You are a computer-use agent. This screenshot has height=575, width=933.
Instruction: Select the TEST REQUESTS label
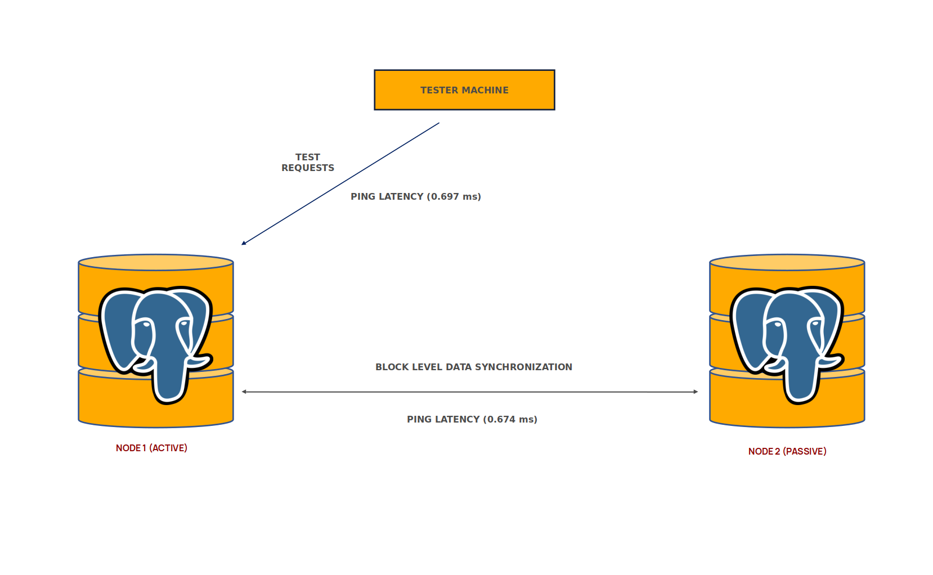click(308, 163)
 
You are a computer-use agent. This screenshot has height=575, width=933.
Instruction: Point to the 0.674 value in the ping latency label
click(501, 419)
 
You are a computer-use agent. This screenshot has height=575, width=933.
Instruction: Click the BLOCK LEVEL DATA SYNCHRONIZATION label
click(474, 367)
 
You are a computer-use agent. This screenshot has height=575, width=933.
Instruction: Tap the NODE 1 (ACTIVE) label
click(151, 448)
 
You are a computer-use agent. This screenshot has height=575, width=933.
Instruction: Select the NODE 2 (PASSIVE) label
click(787, 451)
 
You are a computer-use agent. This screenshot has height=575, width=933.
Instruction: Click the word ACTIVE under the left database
click(168, 448)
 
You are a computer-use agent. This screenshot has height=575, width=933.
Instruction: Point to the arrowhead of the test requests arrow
click(244, 244)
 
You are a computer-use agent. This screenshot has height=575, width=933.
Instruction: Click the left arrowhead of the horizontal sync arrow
click(244, 392)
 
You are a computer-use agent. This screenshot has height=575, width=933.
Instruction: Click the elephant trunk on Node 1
click(169, 383)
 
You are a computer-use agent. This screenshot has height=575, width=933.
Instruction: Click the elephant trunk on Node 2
click(800, 383)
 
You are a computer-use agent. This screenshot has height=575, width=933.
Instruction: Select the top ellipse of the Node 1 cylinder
click(156, 262)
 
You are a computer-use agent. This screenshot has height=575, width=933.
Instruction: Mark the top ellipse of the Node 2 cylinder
click(787, 262)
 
